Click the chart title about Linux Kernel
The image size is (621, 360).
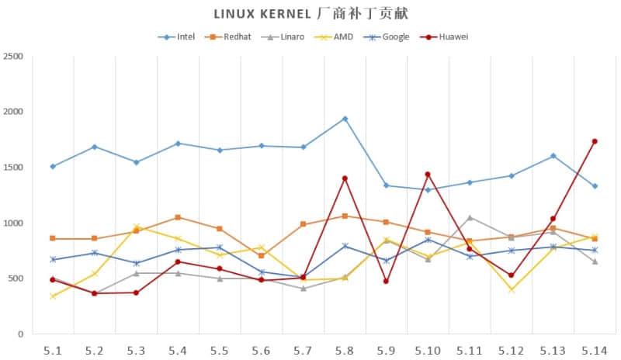click(x=310, y=14)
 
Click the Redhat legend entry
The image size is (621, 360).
click(x=233, y=36)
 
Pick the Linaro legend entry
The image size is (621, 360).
click(x=286, y=36)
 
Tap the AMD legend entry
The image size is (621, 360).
click(x=339, y=36)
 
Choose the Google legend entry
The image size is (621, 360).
click(x=390, y=36)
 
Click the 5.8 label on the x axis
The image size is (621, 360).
click(x=345, y=350)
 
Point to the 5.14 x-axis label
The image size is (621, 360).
click(x=595, y=350)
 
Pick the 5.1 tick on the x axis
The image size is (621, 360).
click(x=53, y=350)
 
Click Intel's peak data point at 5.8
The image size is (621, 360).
click(x=345, y=119)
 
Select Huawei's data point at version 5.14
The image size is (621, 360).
click(x=595, y=141)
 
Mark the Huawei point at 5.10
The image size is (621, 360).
click(x=428, y=175)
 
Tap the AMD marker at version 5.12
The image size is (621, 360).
click(x=512, y=289)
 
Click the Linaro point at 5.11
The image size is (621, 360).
click(x=470, y=217)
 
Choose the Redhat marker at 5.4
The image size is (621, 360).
click(x=178, y=217)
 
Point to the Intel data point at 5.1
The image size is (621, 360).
click(x=53, y=166)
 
